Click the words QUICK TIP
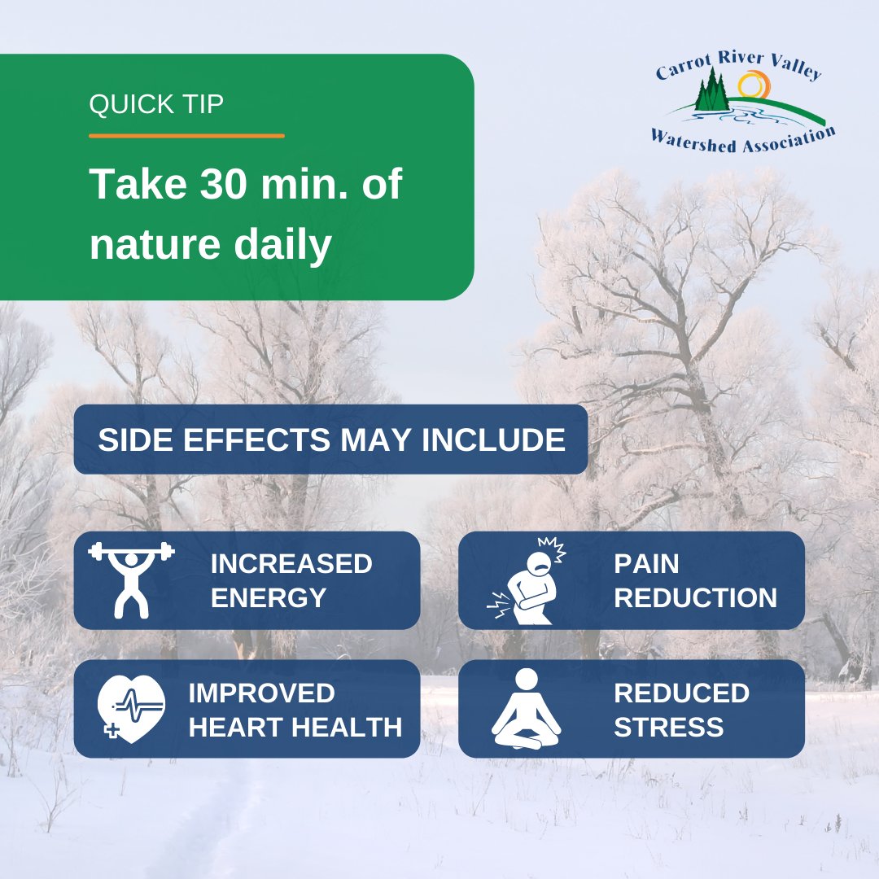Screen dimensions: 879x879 coord(155,105)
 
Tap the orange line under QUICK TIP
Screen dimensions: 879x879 coord(186,136)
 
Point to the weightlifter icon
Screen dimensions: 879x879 coord(131,579)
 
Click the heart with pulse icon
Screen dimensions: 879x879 coord(131,707)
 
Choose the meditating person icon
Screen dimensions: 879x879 coord(527,709)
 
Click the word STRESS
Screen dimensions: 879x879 coord(668,727)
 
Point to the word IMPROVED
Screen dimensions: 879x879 coord(261,693)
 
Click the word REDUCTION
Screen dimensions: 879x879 coord(695,598)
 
